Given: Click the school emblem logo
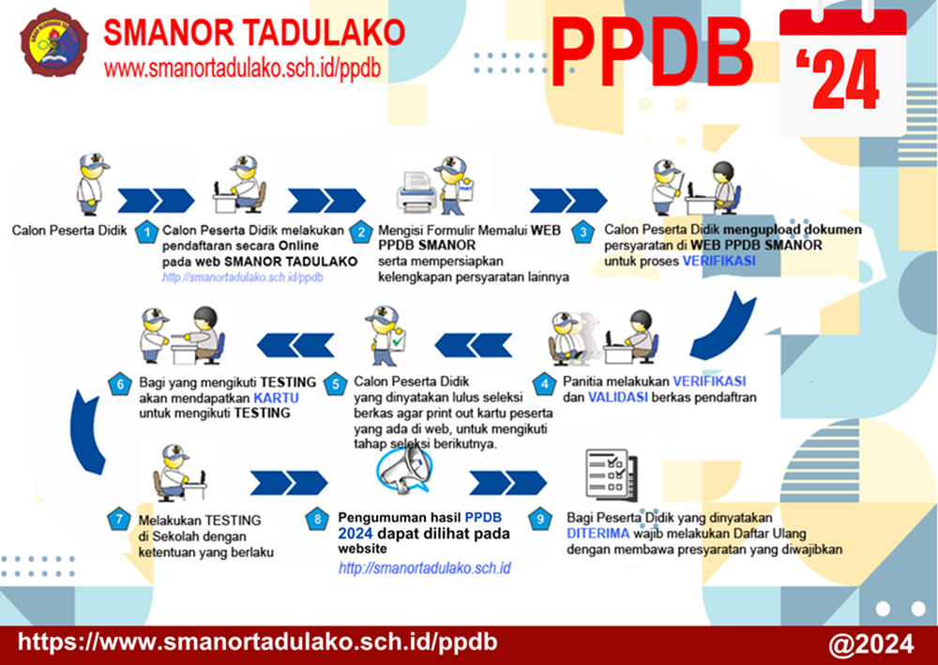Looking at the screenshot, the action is [53, 43].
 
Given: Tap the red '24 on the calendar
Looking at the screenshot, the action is [838, 79].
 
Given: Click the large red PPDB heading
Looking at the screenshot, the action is [650, 53].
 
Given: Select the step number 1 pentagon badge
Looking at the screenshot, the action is [146, 232].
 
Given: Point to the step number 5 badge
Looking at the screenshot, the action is [336, 384].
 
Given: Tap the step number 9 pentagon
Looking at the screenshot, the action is [540, 519].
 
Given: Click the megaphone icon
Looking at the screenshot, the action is [405, 470].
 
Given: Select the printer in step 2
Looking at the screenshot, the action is [416, 191].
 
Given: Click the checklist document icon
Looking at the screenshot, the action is [612, 475].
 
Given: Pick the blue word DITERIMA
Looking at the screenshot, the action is [598, 534].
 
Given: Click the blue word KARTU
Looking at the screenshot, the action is [276, 398].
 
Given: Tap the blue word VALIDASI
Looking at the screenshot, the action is [618, 397].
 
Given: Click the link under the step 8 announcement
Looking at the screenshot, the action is [425, 568].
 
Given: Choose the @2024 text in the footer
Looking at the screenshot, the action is [871, 644].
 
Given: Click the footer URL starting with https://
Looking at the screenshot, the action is [257, 642].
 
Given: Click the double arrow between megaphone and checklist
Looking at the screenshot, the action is [507, 483].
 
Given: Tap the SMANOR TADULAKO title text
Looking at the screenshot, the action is [254, 32].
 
